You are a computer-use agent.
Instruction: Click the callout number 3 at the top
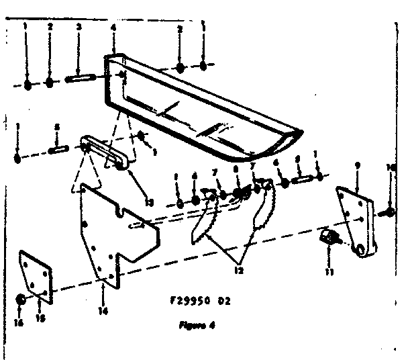[79, 27]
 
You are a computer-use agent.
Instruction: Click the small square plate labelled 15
[36, 274]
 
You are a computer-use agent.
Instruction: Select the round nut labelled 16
[21, 300]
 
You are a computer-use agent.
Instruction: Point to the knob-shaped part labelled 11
[329, 237]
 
